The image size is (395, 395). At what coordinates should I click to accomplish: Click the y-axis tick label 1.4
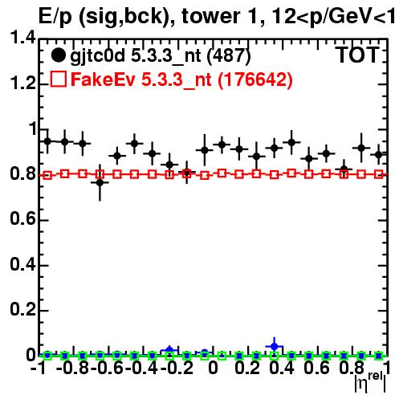pyautogui.click(x=22, y=38)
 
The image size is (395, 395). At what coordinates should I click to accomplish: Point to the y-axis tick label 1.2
pyautogui.click(x=22, y=83)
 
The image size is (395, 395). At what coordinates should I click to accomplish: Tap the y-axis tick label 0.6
pyautogui.click(x=22, y=218)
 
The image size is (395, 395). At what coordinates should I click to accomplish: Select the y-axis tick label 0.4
pyautogui.click(x=22, y=264)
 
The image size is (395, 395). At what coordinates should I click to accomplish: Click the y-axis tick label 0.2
pyautogui.click(x=22, y=309)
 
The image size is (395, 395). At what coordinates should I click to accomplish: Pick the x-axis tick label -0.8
pyautogui.click(x=72, y=368)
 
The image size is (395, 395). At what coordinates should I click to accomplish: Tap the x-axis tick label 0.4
pyautogui.click(x=281, y=368)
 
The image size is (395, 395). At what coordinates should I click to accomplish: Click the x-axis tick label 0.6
pyautogui.click(x=316, y=368)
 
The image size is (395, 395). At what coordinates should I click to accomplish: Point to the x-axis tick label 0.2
pyautogui.click(x=247, y=368)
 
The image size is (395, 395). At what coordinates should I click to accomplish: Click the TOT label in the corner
pyautogui.click(x=358, y=55)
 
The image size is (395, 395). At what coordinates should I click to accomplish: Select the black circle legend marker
pyautogui.click(x=58, y=55)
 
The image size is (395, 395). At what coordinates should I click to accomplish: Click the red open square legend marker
pyautogui.click(x=59, y=79)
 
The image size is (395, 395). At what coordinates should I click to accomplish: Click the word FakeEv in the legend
pyautogui.click(x=103, y=79)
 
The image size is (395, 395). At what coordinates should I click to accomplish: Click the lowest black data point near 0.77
pyautogui.click(x=100, y=183)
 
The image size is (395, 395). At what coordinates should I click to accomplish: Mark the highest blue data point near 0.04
pyautogui.click(x=274, y=346)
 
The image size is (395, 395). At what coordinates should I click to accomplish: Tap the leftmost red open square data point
pyautogui.click(x=47, y=176)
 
